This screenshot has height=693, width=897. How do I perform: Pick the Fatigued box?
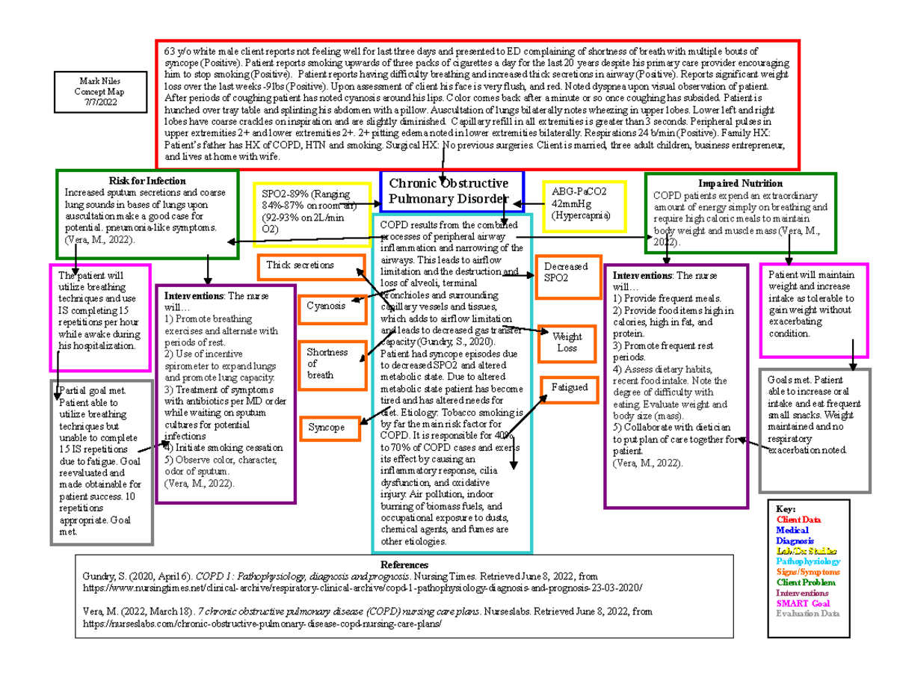[x=570, y=389]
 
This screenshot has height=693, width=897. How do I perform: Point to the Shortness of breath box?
[x=331, y=363]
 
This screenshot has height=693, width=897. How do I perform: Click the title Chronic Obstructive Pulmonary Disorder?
[x=452, y=191]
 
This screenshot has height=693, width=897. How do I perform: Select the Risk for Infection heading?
[x=147, y=181]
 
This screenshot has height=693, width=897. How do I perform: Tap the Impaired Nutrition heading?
[x=740, y=183]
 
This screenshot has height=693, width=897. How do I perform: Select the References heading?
[x=404, y=564]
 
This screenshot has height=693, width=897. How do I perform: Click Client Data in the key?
[x=798, y=520]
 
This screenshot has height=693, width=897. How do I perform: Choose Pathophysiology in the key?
[x=807, y=561]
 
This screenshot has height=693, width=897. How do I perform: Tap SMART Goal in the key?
[x=802, y=603]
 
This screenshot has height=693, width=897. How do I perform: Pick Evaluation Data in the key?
[x=807, y=613]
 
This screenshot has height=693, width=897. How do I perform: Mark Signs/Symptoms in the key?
[x=807, y=571]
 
